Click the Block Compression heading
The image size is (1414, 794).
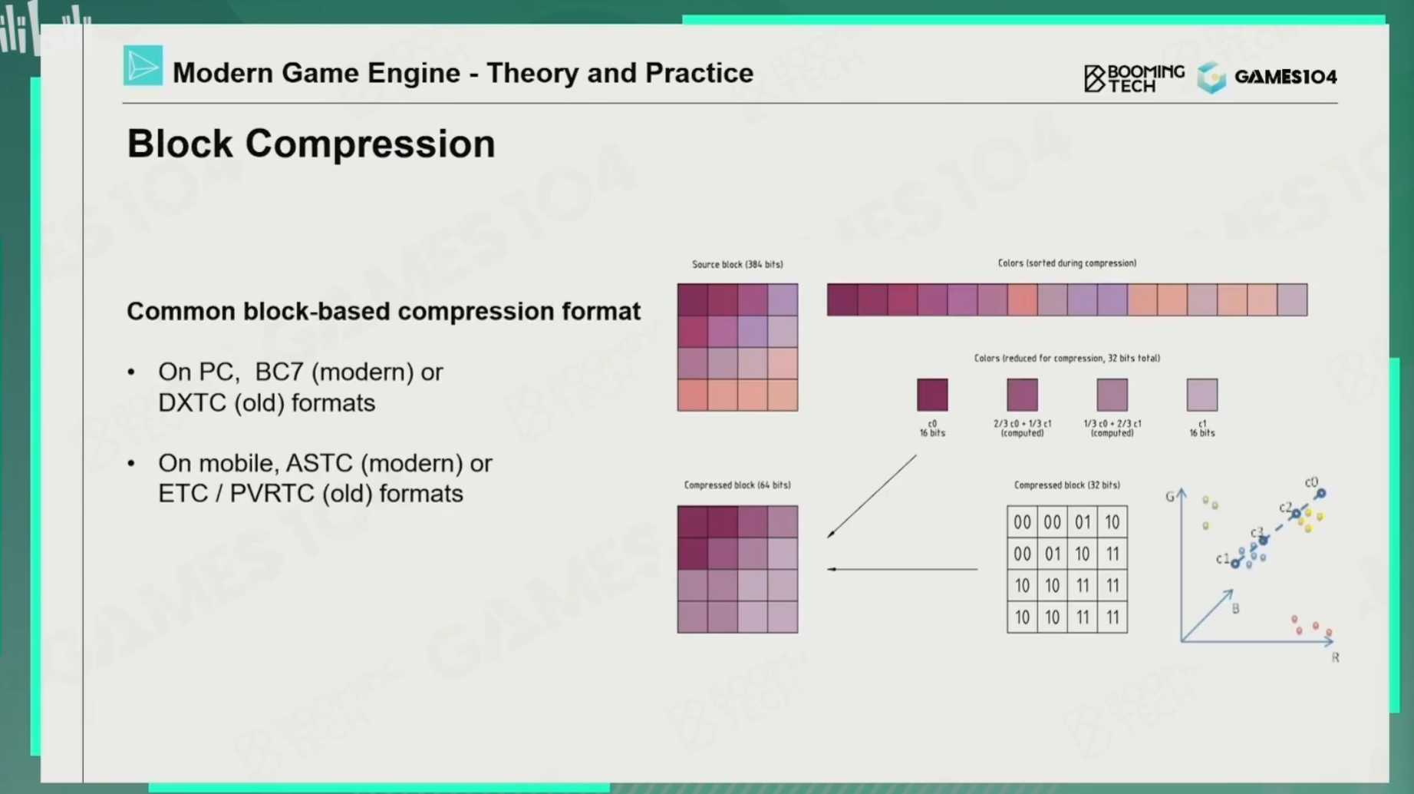pos(311,144)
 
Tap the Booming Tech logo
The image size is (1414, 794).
pos(1134,78)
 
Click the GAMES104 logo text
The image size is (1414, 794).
pos(1285,77)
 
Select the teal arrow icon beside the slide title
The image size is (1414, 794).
pos(143,65)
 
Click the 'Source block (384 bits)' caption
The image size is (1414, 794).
pos(737,264)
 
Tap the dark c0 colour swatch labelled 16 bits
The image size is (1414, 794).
pos(932,395)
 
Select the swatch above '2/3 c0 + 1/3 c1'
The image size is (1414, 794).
pos(1022,395)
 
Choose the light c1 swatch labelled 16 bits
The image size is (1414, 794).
pos(1201,395)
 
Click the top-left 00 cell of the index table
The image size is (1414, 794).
pos(1022,522)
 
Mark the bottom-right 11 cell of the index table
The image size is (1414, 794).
pos(1112,617)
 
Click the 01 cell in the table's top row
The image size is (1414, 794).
pos(1082,522)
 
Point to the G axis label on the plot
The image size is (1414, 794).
pos(1170,497)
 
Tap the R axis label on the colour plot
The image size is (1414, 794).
pos(1335,657)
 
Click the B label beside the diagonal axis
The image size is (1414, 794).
pos(1235,608)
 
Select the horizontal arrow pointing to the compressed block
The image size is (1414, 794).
pos(902,569)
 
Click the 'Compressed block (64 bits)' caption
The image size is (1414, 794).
pos(737,485)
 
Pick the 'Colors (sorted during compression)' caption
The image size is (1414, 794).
pos(1066,263)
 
